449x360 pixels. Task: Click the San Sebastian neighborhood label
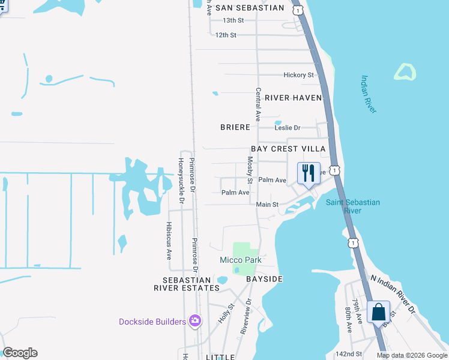pos(249,8)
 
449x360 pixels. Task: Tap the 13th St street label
pos(233,20)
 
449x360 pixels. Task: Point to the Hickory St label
pos(298,75)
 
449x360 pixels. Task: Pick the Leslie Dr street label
pos(287,128)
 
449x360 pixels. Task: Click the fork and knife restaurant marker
pos(309,173)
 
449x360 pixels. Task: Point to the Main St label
pos(267,205)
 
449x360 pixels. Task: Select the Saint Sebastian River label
pos(353,206)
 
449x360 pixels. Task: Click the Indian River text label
pos(369,94)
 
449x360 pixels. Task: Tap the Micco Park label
pos(240,260)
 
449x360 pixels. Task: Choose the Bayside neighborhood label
pos(264,280)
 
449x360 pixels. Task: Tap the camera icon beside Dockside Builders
pos(194,322)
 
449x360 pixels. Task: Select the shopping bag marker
pos(379,313)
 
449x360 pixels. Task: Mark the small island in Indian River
pos(405,72)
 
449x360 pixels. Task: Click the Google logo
pos(20,353)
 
